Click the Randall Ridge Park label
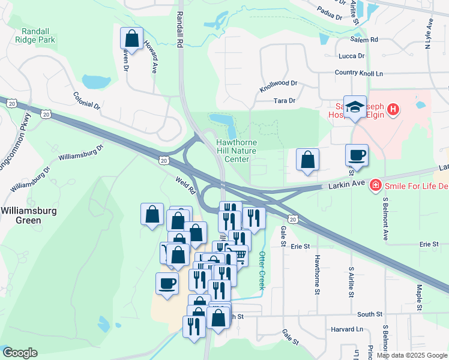click(x=38, y=35)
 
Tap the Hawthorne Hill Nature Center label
click(x=236, y=151)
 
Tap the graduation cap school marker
click(x=355, y=107)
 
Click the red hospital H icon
click(x=393, y=109)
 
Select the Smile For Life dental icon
click(x=376, y=185)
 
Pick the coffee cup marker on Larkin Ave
click(x=357, y=154)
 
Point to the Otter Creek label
click(x=262, y=271)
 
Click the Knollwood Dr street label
click(x=279, y=86)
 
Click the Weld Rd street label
click(x=185, y=184)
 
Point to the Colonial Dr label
click(x=86, y=100)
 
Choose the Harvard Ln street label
click(x=347, y=329)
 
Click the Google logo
click(x=20, y=353)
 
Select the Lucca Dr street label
click(x=352, y=56)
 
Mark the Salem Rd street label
click(x=366, y=40)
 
